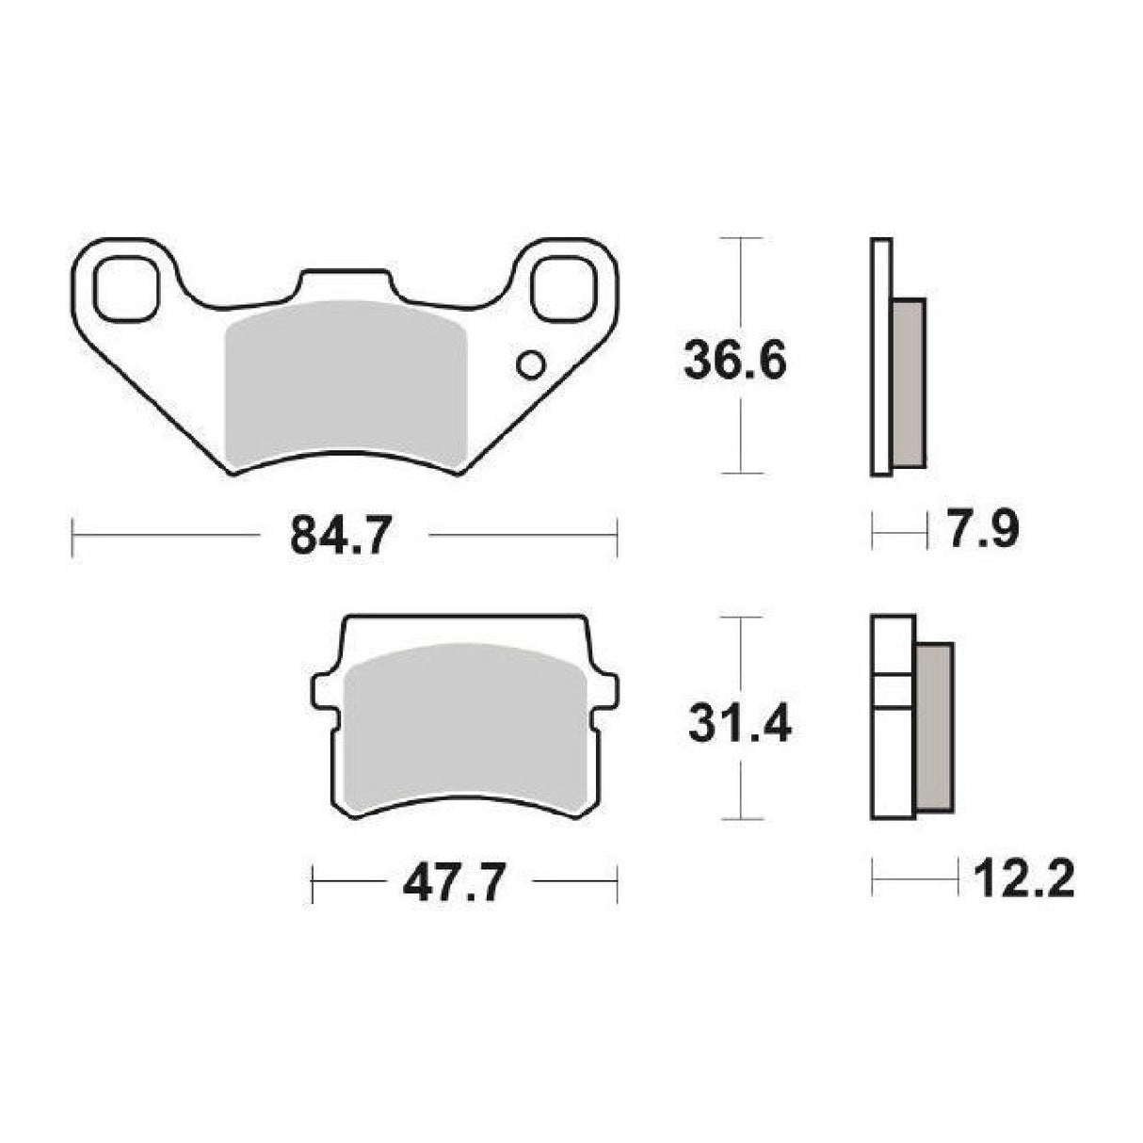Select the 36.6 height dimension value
pos(734,361)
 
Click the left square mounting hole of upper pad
pos(126,287)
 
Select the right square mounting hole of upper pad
pos(564,287)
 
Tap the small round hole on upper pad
pos(531,364)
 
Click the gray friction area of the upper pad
pos(346,381)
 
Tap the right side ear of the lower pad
pos(606,690)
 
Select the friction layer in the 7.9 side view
pos(909,381)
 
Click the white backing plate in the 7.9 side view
pos(881,358)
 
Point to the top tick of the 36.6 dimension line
pos(744,238)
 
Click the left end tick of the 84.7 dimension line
pos(73,536)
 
